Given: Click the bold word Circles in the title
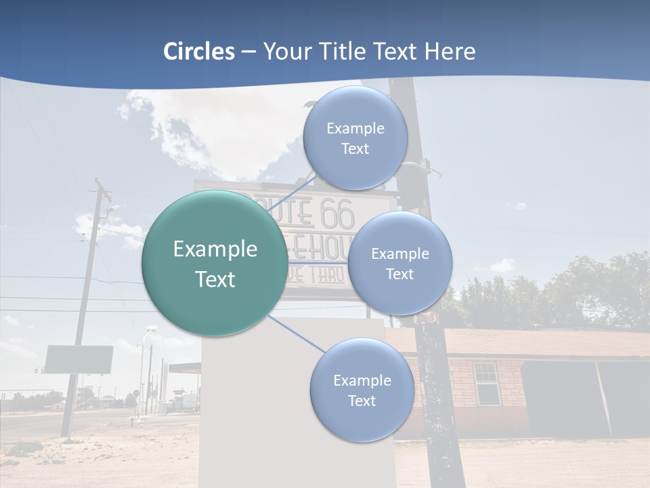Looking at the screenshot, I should [199, 52].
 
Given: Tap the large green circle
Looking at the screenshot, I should [214, 263].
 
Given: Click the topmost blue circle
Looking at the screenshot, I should [355, 138].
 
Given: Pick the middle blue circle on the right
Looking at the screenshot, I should [399, 263].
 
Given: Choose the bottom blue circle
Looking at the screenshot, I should [362, 390].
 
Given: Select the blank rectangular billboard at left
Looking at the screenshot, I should [79, 359].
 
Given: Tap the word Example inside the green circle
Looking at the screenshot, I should [215, 249].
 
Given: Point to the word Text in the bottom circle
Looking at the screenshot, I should [362, 401].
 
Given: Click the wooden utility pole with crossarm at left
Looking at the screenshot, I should [85, 305].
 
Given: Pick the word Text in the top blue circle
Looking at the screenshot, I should [355, 149].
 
